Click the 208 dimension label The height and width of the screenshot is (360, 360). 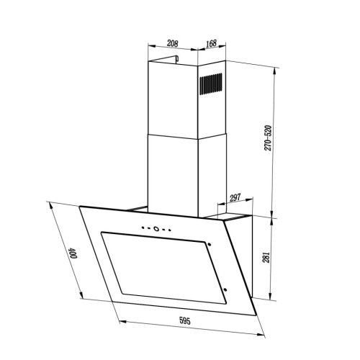click(173, 43)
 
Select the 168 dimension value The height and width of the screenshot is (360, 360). click(211, 43)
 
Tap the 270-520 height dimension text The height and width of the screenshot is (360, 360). click(268, 138)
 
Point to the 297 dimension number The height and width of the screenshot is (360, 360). click(235, 198)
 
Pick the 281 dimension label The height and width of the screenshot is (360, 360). click(267, 257)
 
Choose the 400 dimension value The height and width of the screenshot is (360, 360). click(73, 253)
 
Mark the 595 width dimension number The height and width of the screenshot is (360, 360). click(185, 321)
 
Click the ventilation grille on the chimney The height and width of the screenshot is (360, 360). click(211, 83)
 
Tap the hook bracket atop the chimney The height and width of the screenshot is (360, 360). click(176, 59)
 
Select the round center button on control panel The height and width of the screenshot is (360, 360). click(156, 228)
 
